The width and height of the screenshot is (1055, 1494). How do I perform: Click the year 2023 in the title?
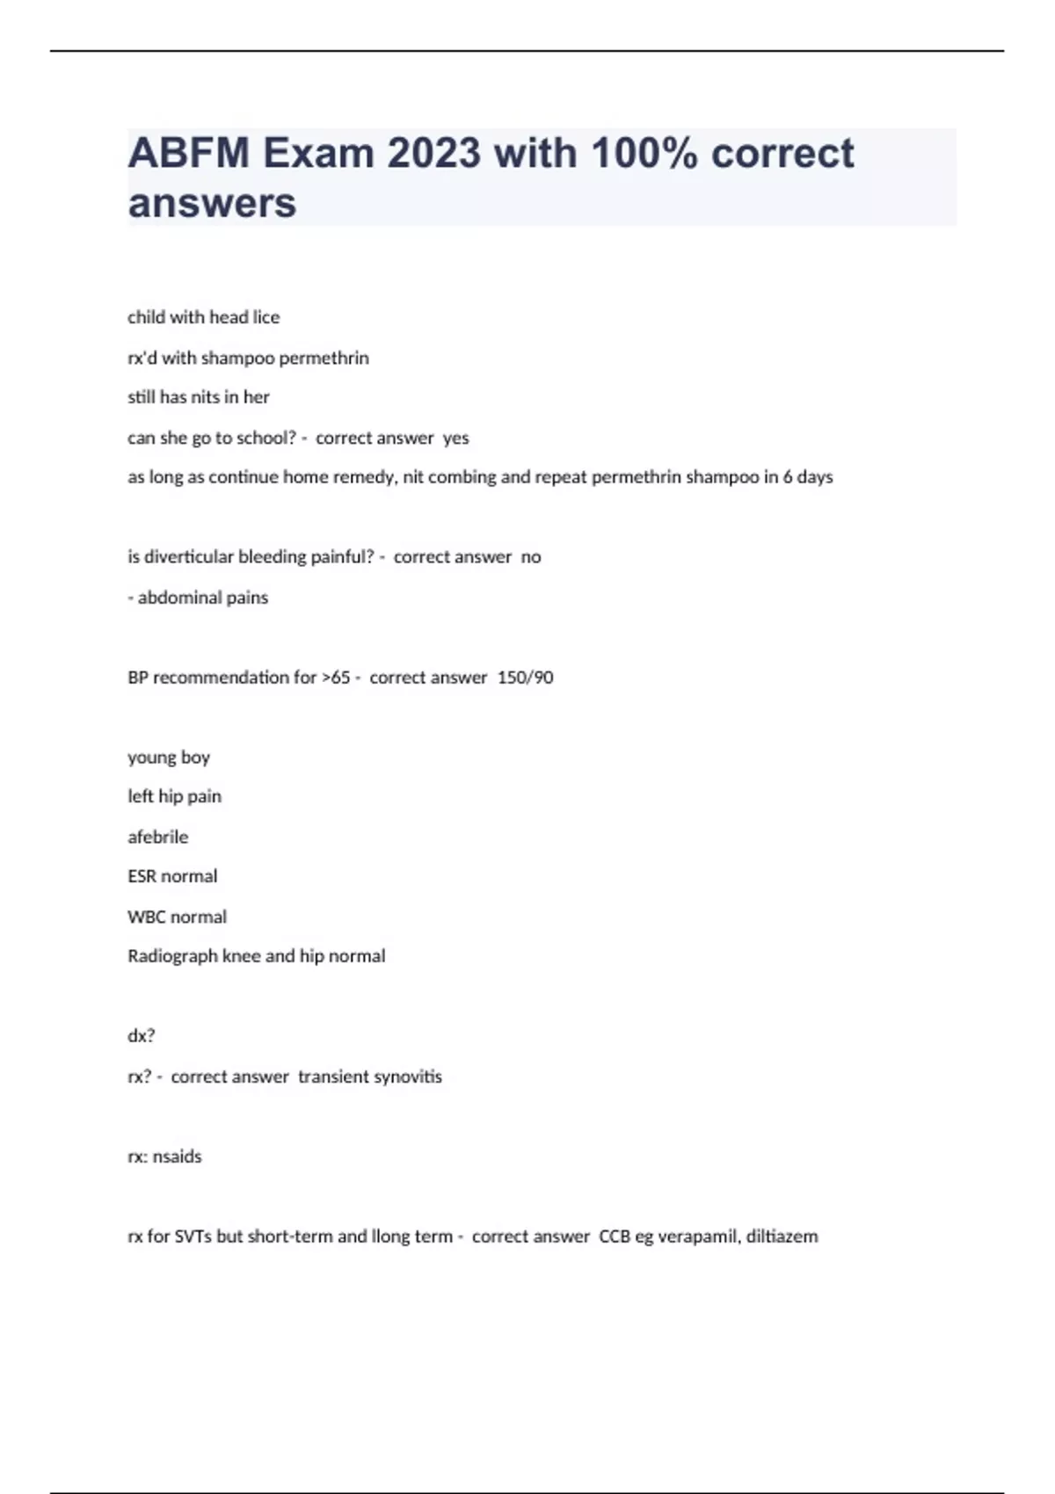tap(433, 154)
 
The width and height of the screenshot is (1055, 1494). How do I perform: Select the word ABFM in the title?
tap(189, 154)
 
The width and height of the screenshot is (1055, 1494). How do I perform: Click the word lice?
tap(266, 317)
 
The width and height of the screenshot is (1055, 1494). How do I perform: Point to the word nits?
tap(205, 397)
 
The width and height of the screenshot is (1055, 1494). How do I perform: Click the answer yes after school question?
tap(455, 438)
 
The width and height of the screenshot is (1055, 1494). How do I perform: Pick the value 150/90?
tap(525, 678)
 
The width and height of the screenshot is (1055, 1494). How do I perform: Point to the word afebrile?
tap(157, 838)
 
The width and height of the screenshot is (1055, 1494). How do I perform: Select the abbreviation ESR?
tap(142, 876)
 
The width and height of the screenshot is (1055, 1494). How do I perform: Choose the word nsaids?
tap(177, 1157)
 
